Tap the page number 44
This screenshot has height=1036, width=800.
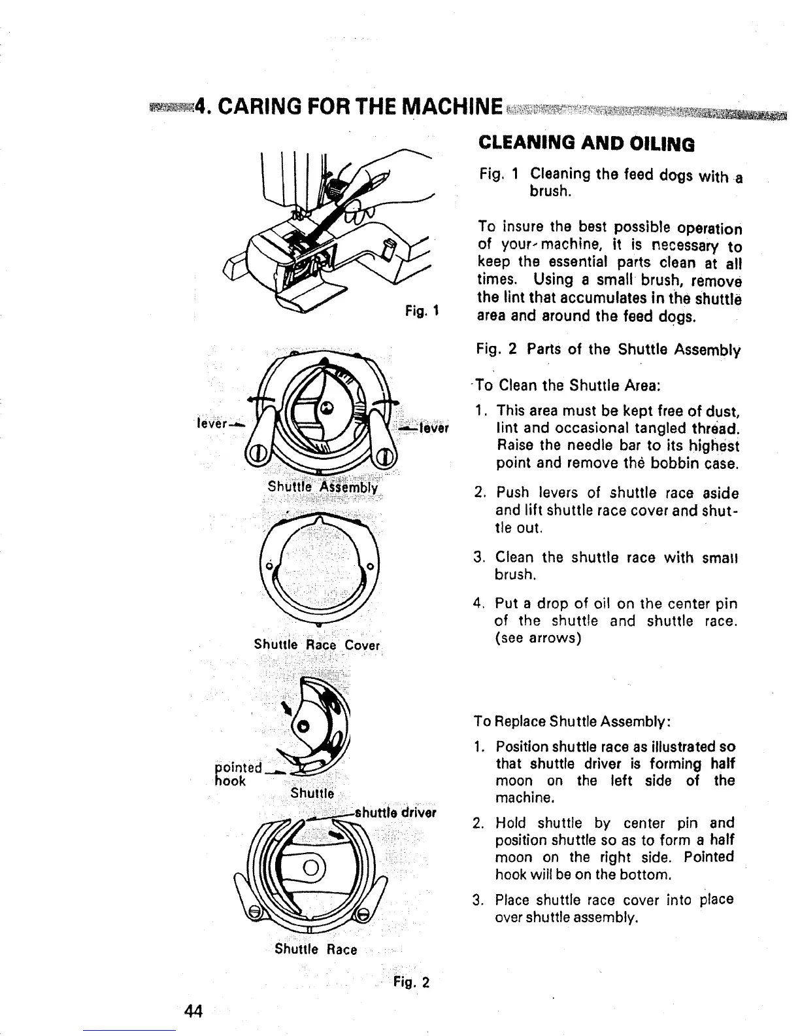coord(194,1010)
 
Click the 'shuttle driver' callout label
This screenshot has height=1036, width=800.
coord(395,814)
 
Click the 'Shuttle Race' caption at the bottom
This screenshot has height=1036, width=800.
coord(316,949)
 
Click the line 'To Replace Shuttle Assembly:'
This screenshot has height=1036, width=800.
coord(570,721)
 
